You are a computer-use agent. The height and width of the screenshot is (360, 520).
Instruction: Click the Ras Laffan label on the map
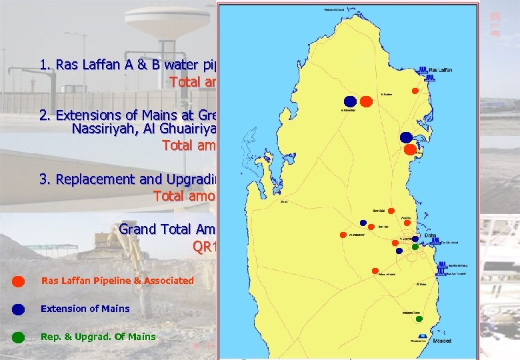441,69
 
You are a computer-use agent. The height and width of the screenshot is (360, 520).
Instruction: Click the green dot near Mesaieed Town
419,319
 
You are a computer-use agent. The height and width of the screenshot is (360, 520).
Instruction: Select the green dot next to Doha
415,247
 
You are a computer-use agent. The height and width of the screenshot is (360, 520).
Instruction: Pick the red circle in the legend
19,281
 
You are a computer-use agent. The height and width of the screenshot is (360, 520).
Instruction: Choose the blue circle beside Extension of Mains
19,309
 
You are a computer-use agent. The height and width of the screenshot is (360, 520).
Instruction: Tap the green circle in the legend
19,337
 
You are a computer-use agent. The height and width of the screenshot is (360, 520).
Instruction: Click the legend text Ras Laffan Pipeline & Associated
117,281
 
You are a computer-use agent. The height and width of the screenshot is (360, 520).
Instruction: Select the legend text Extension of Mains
85,309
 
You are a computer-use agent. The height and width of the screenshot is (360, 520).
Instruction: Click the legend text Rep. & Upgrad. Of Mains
98,337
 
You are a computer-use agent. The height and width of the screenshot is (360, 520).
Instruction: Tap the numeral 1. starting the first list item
45,65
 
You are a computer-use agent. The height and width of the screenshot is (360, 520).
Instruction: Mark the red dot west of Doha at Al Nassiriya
342,235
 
